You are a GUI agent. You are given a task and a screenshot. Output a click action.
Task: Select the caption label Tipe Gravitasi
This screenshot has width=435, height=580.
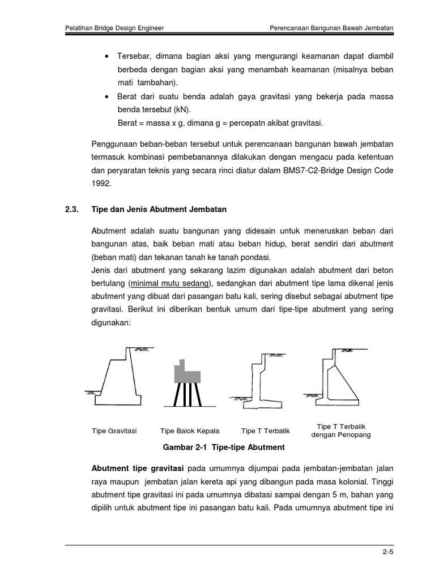(x=114, y=431)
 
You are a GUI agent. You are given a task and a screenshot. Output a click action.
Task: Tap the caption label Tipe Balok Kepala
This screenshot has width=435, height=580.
(x=190, y=431)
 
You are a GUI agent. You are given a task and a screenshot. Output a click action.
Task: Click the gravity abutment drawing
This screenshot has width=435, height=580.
(x=122, y=377)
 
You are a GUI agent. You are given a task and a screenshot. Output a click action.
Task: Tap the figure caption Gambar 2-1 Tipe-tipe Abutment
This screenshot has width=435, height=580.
(x=223, y=447)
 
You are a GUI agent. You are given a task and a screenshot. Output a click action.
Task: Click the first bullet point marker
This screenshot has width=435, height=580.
(x=107, y=57)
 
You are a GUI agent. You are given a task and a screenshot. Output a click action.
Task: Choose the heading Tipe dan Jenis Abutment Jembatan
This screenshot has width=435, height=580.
(x=159, y=210)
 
